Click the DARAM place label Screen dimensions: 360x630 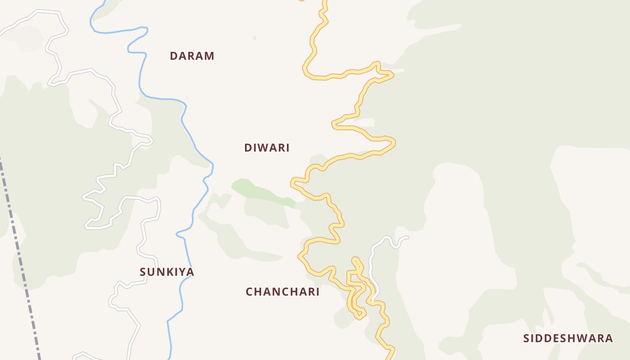pos(192,56)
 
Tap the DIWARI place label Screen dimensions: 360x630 pos(267,148)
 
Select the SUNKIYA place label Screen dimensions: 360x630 pos(166,272)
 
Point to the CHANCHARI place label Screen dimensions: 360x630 pos(283,292)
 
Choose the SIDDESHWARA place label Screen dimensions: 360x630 pos(568,338)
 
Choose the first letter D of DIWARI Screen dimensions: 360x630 pos(248,148)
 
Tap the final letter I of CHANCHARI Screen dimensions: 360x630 pos(318,292)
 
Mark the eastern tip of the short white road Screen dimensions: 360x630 pos(407,237)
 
